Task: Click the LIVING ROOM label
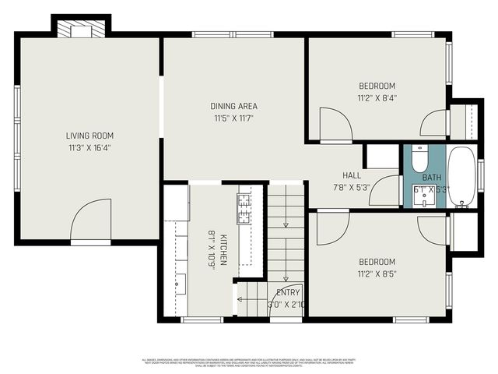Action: [84, 136]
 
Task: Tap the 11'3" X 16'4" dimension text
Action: [84, 147]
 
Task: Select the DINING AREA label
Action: [233, 106]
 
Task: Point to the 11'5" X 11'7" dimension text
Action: [233, 118]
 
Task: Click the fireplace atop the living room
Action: [82, 30]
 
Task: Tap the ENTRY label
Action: [287, 293]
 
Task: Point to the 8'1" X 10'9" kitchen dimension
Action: [211, 249]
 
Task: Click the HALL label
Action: [351, 175]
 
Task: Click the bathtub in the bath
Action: [462, 175]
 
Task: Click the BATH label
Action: [431, 178]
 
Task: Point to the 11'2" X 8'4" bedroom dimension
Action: [377, 98]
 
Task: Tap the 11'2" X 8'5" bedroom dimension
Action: [377, 274]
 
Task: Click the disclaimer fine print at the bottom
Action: [249, 362]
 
